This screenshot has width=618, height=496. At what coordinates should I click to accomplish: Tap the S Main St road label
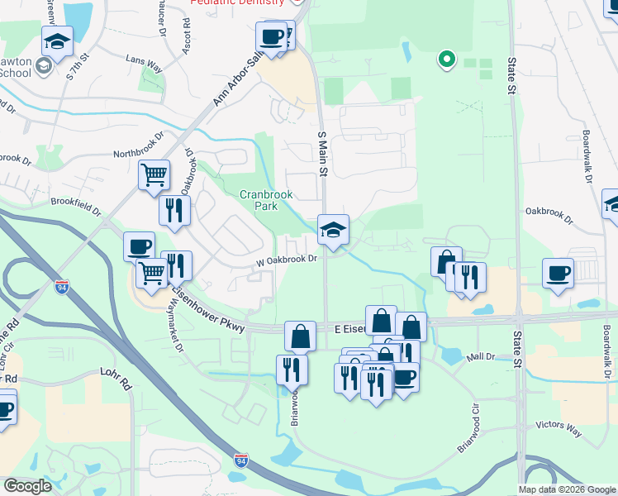click(x=323, y=154)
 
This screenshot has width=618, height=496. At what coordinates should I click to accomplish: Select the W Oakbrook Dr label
click(x=287, y=260)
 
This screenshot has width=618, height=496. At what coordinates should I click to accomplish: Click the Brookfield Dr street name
click(x=75, y=201)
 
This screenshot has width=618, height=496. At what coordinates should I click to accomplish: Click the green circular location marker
click(x=447, y=59)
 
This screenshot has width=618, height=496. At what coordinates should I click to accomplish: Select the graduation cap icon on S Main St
click(x=334, y=230)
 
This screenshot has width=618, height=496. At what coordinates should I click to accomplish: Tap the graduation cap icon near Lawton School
click(x=57, y=41)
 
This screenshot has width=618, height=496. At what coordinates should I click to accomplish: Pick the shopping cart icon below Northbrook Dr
click(x=154, y=175)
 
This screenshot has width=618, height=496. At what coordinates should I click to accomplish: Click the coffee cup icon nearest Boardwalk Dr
click(x=559, y=273)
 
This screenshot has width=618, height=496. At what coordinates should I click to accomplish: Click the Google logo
click(x=27, y=486)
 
